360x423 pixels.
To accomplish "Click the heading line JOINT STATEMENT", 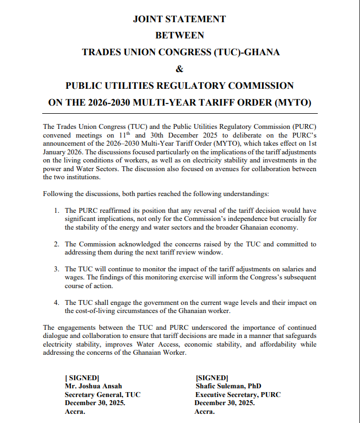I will pos(179,19).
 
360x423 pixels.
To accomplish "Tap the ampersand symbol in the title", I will pos(180,69).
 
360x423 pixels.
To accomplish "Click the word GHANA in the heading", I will pos(261,53).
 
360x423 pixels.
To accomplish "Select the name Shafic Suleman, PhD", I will pos(228,386).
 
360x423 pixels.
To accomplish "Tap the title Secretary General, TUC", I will pos(102,395).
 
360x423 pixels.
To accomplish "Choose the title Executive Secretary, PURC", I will pos(238,395).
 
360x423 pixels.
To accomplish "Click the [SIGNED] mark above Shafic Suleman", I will pos(212,378).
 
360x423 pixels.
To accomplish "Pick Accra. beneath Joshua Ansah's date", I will pos(75,412).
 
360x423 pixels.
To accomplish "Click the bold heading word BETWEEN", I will pos(179,36).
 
